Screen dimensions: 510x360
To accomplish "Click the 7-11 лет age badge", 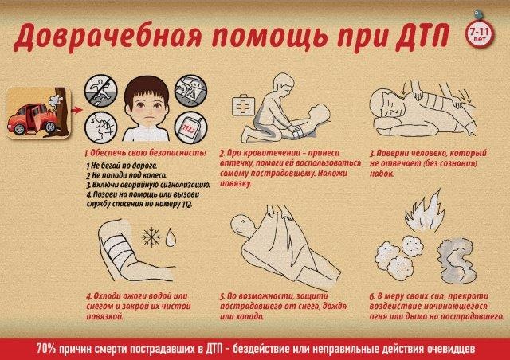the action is click(480, 33).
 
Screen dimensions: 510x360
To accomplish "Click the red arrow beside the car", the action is click(76, 110).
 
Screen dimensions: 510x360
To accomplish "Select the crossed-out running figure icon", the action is click(100, 90).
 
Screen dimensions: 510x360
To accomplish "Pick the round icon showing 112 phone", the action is click(191, 127).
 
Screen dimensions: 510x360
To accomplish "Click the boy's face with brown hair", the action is click(146, 104).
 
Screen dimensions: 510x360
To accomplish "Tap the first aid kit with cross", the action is click(244, 105).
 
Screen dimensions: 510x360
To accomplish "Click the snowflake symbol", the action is click(151, 237).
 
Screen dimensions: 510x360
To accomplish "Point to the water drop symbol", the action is click(171, 237).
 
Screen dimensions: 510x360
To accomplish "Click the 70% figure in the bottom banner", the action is click(46, 349).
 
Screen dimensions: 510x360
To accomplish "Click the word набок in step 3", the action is click(382, 174).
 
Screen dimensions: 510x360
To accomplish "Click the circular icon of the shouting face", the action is click(100, 127).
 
